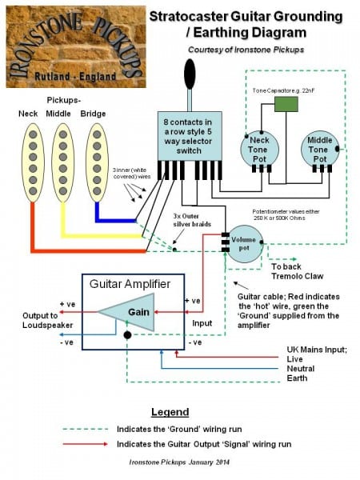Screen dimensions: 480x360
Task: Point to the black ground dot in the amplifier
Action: (126, 337)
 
